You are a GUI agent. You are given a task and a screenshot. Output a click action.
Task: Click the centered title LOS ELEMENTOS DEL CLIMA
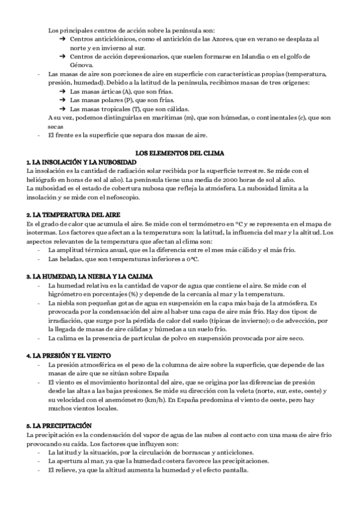click(x=180, y=154)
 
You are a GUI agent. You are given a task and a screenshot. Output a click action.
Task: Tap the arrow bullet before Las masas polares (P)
click(x=62, y=100)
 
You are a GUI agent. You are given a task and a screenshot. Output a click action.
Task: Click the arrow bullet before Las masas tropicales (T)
click(x=62, y=109)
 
